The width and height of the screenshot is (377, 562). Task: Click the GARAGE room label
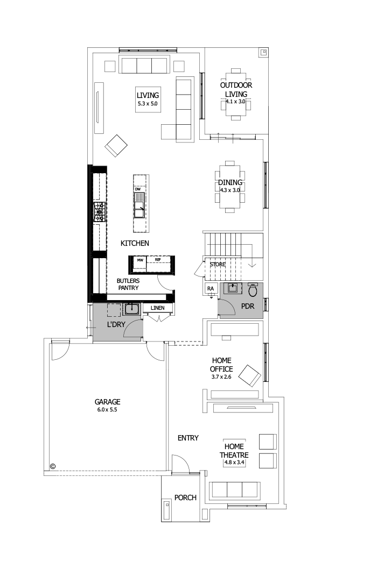[x=107, y=402]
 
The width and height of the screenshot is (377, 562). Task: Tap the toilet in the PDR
[x=253, y=290]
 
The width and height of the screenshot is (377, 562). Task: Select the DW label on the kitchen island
[x=138, y=189]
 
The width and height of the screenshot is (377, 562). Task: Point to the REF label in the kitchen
[x=158, y=260]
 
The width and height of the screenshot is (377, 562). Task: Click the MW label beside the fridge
[x=140, y=260]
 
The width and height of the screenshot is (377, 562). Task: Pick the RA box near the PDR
[x=211, y=289]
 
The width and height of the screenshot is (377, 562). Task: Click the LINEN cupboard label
[x=157, y=308]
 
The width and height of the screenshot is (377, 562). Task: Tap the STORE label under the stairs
[x=218, y=265]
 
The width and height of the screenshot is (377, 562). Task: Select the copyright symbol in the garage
[x=53, y=466]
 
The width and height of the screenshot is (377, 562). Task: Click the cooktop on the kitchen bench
[x=100, y=212]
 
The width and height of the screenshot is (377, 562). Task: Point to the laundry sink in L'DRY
[x=132, y=309]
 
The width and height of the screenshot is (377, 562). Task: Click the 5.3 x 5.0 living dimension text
[x=148, y=104]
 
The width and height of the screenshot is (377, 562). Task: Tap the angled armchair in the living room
[x=116, y=145]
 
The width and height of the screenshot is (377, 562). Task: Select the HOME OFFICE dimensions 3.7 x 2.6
[x=222, y=377]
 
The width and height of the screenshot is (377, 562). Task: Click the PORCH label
[x=185, y=497]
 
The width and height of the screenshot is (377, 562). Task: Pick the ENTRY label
[x=188, y=438]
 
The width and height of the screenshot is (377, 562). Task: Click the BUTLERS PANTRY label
[x=128, y=284]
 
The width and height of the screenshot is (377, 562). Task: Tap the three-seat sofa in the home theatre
[x=234, y=490]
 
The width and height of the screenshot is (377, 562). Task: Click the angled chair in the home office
[x=250, y=375]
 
